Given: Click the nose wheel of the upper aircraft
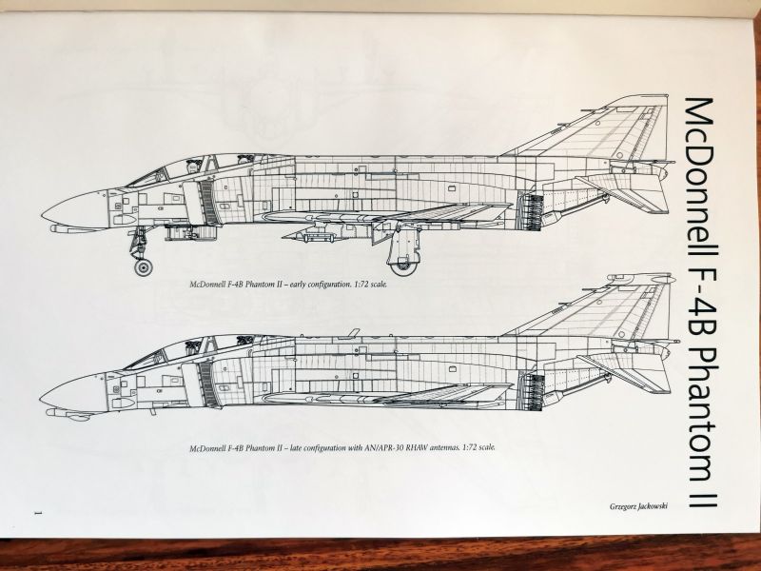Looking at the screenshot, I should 143,267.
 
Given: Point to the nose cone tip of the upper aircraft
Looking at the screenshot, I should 43,211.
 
